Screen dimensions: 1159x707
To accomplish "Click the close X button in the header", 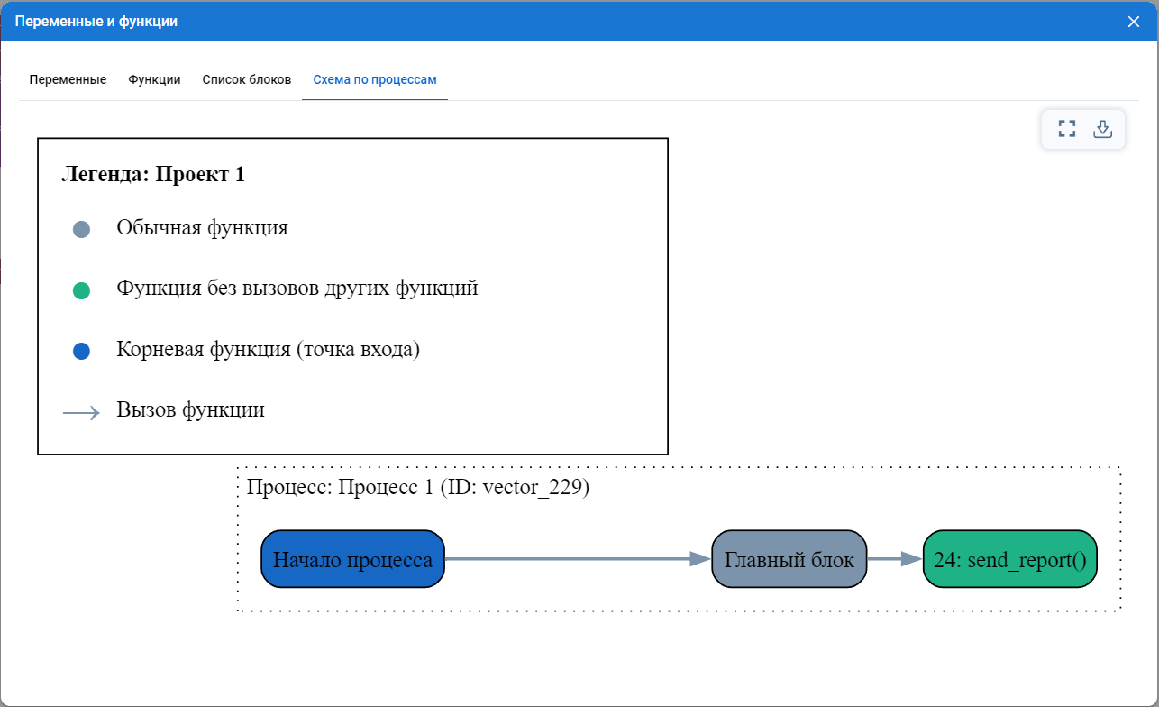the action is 1133,22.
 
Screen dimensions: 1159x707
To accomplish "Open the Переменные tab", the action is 68,79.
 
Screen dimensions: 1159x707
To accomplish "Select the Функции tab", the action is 154,79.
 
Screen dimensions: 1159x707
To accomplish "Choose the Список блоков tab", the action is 247,79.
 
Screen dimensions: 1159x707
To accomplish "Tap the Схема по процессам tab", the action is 375,79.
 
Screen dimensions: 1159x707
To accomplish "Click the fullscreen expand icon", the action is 1067,129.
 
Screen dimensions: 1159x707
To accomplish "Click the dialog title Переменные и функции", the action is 96,22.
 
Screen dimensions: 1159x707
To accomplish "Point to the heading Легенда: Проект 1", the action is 153,174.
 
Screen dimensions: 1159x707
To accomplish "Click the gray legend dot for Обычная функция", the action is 81,229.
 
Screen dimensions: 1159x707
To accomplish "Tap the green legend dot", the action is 81,290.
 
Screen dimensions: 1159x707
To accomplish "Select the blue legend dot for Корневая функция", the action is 81,351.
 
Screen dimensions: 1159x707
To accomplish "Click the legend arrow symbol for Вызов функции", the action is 81,412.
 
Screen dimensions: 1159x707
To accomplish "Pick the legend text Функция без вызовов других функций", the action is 297,289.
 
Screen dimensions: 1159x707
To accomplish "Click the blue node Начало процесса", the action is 353,559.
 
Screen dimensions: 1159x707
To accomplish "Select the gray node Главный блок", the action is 789,559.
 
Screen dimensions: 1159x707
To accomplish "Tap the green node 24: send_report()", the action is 1010,559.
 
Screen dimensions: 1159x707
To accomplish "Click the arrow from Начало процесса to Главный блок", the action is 578,559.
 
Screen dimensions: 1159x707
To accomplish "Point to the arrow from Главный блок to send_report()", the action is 895,559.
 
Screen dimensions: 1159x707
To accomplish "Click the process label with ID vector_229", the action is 417,488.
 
